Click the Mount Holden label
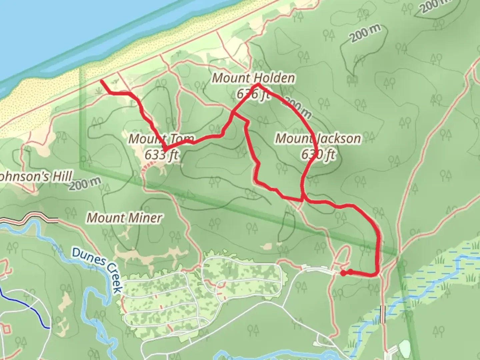pos(253,78)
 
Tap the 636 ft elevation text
pos(253,94)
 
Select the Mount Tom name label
pos(161,139)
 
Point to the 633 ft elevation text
pos(161,155)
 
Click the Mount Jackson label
pos(318,139)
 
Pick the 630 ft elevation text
pos(318,155)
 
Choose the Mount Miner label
pos(124,218)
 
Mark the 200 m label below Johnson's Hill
pos(85,184)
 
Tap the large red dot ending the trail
pos(343,273)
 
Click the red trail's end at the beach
pos(101,81)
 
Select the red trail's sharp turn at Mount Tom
pos(164,148)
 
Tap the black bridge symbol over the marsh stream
pos(383,314)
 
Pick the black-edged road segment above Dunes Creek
pos(30,219)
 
